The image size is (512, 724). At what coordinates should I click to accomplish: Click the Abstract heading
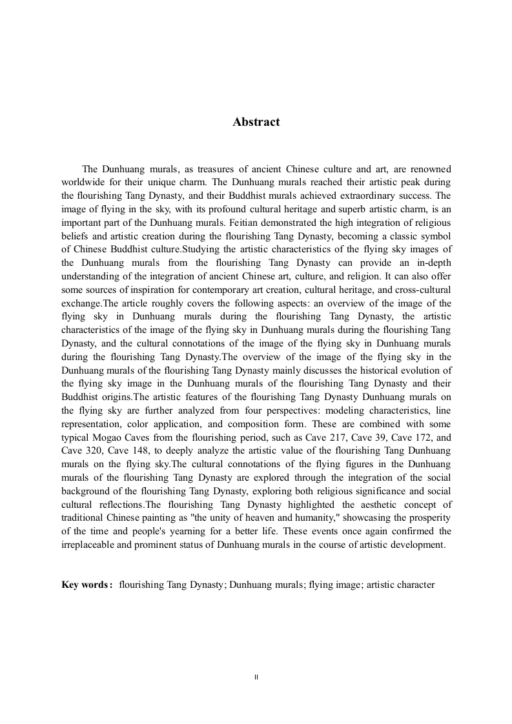point(256,122)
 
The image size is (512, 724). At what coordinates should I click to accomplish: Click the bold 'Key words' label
point(86,585)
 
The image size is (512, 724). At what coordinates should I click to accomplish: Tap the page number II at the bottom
point(256,677)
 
